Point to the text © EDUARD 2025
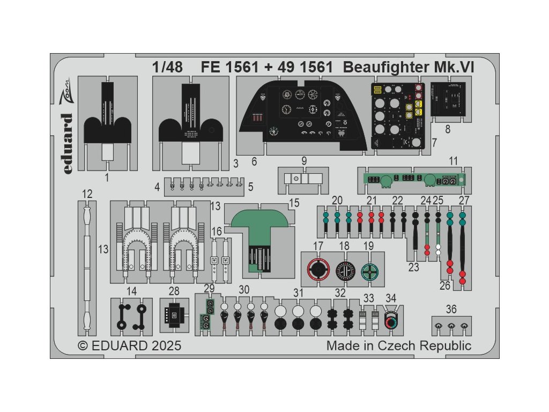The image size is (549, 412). (130, 345)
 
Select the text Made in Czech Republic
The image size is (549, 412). (399, 345)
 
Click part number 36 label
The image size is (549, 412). (451, 309)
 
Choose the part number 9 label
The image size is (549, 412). (304, 160)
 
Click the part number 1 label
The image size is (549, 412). (107, 177)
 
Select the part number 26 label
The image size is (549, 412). (445, 286)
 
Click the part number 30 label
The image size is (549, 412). (244, 290)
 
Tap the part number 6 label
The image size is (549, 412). (254, 161)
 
